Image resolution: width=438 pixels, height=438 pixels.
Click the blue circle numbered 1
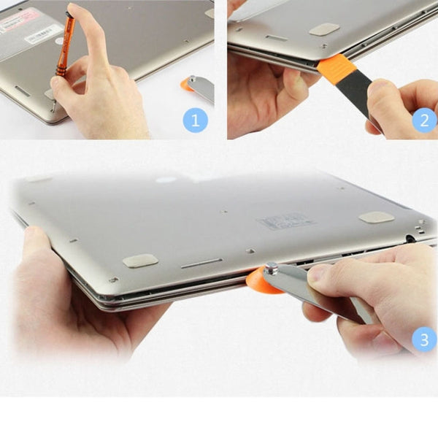195,119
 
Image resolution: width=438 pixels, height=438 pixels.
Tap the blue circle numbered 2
424,119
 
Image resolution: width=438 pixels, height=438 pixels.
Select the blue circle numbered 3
423,340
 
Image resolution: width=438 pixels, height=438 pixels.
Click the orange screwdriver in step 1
65,44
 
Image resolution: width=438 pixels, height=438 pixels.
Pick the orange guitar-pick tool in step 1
185,85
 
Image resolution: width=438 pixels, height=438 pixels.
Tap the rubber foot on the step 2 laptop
323,29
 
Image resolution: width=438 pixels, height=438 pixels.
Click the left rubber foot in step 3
140,260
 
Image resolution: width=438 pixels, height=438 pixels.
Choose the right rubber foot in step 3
377,218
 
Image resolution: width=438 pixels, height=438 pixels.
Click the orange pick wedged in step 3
262,281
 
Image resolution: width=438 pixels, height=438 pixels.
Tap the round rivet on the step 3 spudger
272,269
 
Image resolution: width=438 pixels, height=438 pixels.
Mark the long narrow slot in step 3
201,263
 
